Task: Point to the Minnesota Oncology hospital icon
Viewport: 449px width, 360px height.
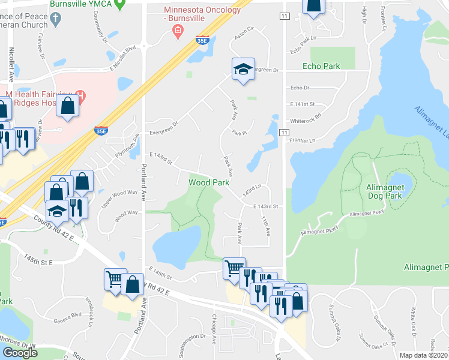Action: [177, 31]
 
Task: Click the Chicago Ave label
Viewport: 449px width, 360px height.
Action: [214, 329]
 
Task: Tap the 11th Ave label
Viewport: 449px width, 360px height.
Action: [265, 227]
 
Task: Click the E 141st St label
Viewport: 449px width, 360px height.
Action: [302, 104]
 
